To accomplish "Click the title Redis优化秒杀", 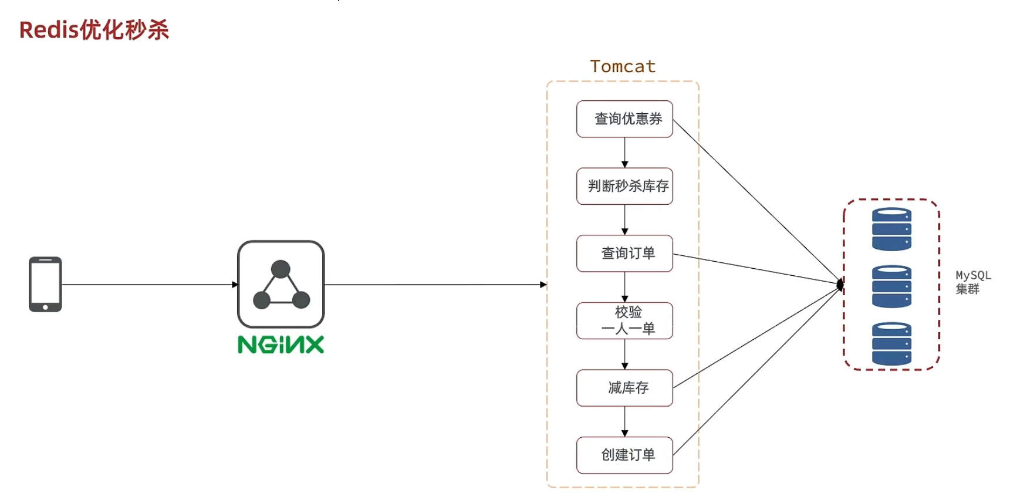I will coord(94,30).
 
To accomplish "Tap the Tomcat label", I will coord(622,66).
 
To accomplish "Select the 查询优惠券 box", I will coord(624,119).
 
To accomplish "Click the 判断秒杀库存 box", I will coord(624,186).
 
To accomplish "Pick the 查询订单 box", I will coord(624,254).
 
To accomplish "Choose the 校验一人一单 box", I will coord(624,320).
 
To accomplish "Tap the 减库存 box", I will coord(624,388).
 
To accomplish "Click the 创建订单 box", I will coord(624,455).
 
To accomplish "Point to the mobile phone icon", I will coord(45,284).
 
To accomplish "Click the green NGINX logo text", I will coord(281,345).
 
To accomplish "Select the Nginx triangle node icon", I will coord(281,284).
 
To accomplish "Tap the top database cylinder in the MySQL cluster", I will coord(891,229).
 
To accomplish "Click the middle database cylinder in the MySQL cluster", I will coord(891,286).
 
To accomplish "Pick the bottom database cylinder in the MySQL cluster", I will coord(891,344).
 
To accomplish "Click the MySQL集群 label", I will coord(972,282).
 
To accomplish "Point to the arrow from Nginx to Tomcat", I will coord(434,285).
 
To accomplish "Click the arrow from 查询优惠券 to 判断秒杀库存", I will coord(625,153).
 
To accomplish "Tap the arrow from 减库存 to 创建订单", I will coord(625,421).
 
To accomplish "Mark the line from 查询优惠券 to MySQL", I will coord(757,201).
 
